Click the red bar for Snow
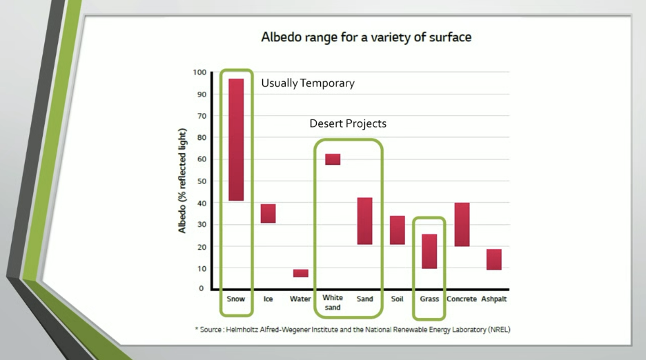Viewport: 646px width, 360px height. click(236, 139)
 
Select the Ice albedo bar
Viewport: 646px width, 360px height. click(268, 213)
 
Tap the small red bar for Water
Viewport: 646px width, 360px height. click(301, 273)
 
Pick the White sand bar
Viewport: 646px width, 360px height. click(333, 159)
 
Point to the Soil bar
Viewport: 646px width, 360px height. click(398, 230)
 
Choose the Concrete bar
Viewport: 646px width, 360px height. click(462, 225)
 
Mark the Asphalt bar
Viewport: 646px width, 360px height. click(494, 259)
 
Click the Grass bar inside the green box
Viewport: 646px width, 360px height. click(429, 251)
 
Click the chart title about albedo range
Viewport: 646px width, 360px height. click(366, 37)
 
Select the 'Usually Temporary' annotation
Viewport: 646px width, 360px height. click(308, 83)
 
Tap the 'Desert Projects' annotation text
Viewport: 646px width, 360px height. click(348, 123)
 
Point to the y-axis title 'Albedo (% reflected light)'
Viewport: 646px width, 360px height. click(182, 181)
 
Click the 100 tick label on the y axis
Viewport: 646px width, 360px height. click(199, 72)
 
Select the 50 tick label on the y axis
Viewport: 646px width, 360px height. click(202, 181)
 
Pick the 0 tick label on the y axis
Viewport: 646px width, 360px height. click(202, 289)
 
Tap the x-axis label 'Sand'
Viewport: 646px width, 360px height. click(365, 299)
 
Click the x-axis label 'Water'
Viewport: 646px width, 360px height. click(300, 299)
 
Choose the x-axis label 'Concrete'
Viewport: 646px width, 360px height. click(462, 299)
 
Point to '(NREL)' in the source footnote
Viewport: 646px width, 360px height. click(499, 330)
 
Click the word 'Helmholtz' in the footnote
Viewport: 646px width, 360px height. click(242, 330)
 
